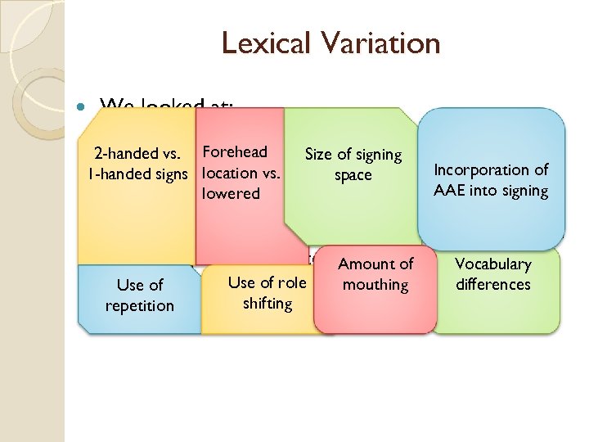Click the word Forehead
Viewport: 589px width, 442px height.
coord(235,151)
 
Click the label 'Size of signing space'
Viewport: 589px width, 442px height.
coord(353,164)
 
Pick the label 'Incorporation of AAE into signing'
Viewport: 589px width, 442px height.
coord(491,180)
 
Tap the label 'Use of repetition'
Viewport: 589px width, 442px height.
coord(140,295)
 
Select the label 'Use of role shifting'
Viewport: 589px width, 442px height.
coord(268,292)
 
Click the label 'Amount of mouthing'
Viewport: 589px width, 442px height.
coord(375,273)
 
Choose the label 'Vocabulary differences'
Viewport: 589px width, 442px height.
coord(493,273)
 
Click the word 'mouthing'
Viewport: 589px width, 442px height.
coord(375,284)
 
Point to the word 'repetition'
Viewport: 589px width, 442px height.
coord(140,305)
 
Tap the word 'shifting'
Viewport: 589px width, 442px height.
coord(268,303)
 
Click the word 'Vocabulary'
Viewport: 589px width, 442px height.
coord(493,264)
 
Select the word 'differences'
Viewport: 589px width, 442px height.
coord(493,284)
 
